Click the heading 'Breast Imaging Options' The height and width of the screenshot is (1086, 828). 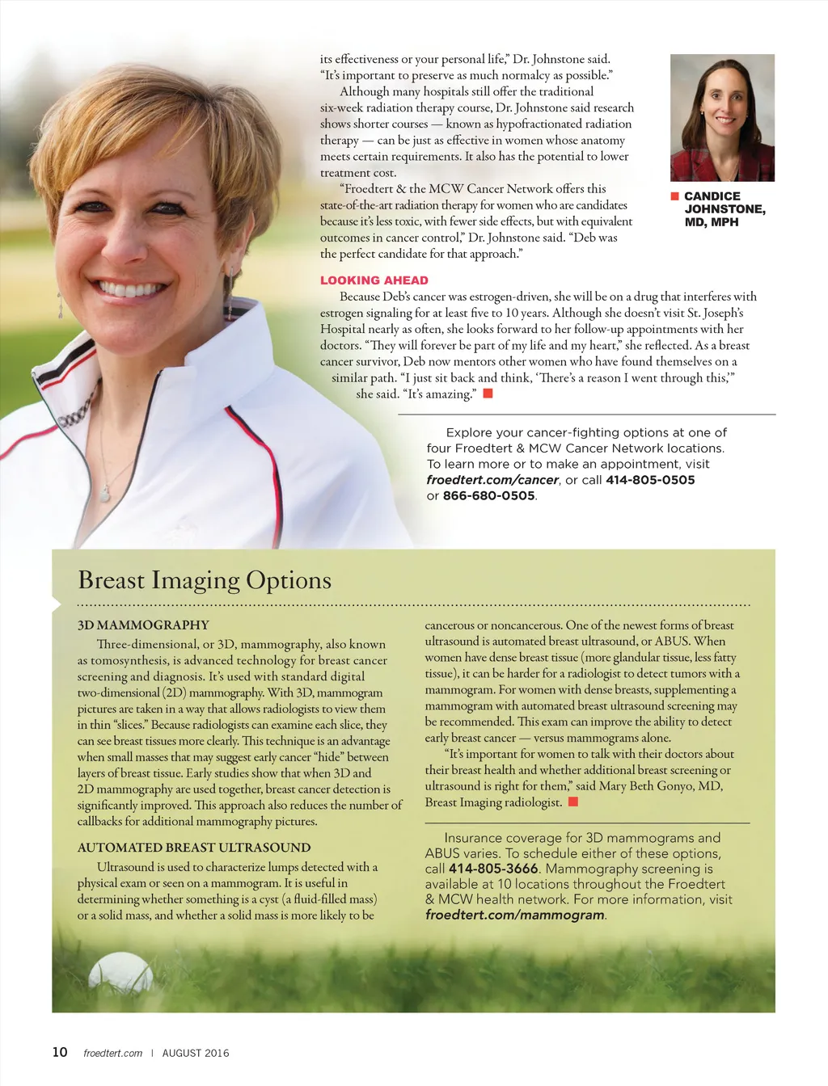[x=205, y=580]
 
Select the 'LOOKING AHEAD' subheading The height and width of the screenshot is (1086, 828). [x=374, y=280]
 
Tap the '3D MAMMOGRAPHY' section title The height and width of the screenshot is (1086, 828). [x=143, y=625]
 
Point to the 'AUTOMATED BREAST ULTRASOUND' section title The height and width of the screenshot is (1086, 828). [x=194, y=848]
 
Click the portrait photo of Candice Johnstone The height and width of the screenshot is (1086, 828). [x=722, y=118]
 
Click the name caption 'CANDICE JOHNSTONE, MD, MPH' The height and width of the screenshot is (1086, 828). [x=724, y=209]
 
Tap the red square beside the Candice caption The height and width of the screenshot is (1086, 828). [x=674, y=196]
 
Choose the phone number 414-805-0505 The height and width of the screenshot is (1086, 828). [x=650, y=480]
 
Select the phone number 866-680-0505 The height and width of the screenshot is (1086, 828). [x=488, y=496]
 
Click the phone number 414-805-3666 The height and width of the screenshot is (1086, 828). [x=493, y=869]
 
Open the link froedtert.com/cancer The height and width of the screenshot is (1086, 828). [x=492, y=480]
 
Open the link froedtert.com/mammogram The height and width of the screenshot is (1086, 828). [x=514, y=915]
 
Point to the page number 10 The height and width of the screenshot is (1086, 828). [x=60, y=1052]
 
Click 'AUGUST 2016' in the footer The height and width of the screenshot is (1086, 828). [x=196, y=1053]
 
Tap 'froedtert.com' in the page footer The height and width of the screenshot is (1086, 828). [x=112, y=1053]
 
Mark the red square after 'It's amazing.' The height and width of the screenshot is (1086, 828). [x=488, y=394]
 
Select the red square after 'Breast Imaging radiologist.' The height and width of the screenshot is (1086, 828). [x=573, y=802]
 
